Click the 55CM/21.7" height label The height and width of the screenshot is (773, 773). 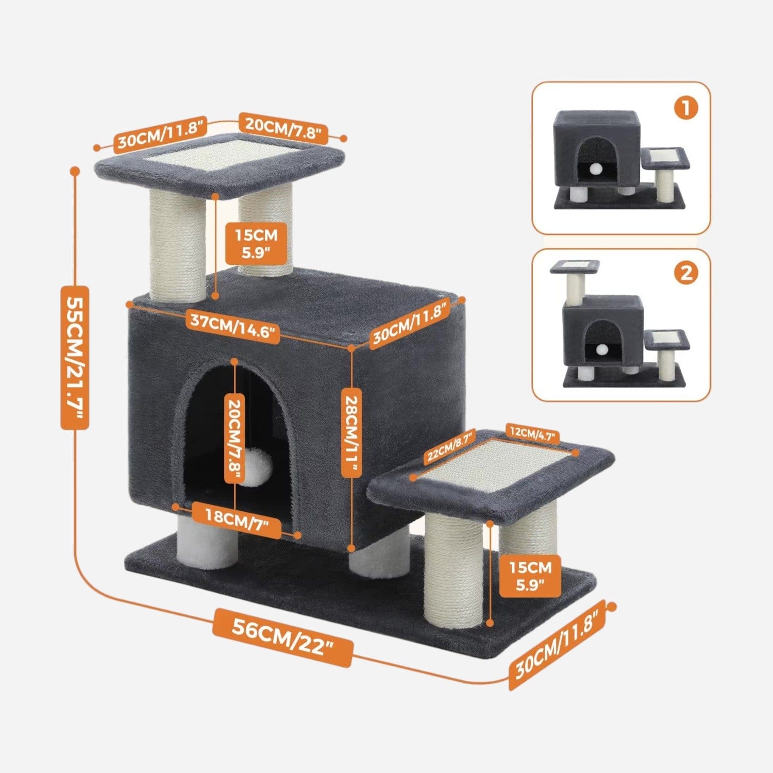pos(75,357)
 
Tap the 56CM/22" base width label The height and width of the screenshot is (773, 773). pos(283,637)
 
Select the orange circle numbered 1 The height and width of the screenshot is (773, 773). pos(686,109)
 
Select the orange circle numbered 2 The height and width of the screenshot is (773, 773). pos(686,273)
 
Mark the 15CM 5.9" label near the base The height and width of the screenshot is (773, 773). pos(530,577)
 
